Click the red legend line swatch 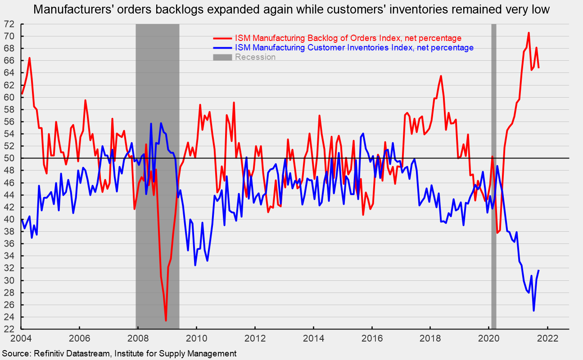[x=222, y=38]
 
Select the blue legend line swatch [x=222, y=48]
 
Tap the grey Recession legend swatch [x=222, y=57]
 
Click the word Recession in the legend [x=255, y=57]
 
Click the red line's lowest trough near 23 [x=166, y=320]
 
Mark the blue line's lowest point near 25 [x=534, y=310]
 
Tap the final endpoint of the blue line [x=539, y=270]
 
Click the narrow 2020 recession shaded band [x=493, y=180]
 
